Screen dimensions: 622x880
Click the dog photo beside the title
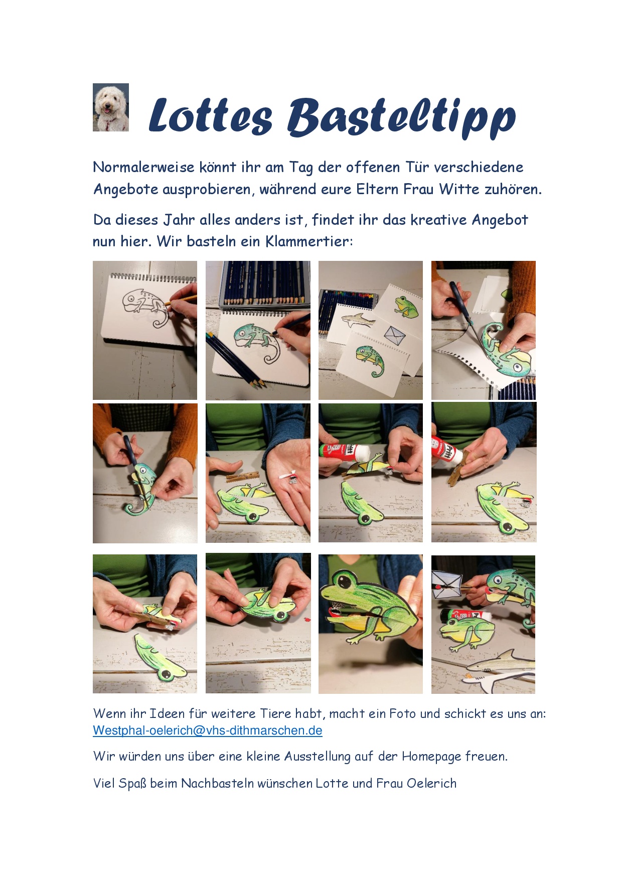click(x=111, y=107)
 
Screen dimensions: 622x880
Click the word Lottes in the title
click(x=211, y=116)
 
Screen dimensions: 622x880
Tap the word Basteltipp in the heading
click(x=401, y=118)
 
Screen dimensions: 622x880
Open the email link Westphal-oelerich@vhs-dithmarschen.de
click(x=208, y=730)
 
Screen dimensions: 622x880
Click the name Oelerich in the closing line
click(x=431, y=783)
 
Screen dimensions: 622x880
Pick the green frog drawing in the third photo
click(x=406, y=307)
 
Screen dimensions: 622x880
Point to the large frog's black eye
click(x=346, y=581)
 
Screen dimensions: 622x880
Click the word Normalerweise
click(x=143, y=167)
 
